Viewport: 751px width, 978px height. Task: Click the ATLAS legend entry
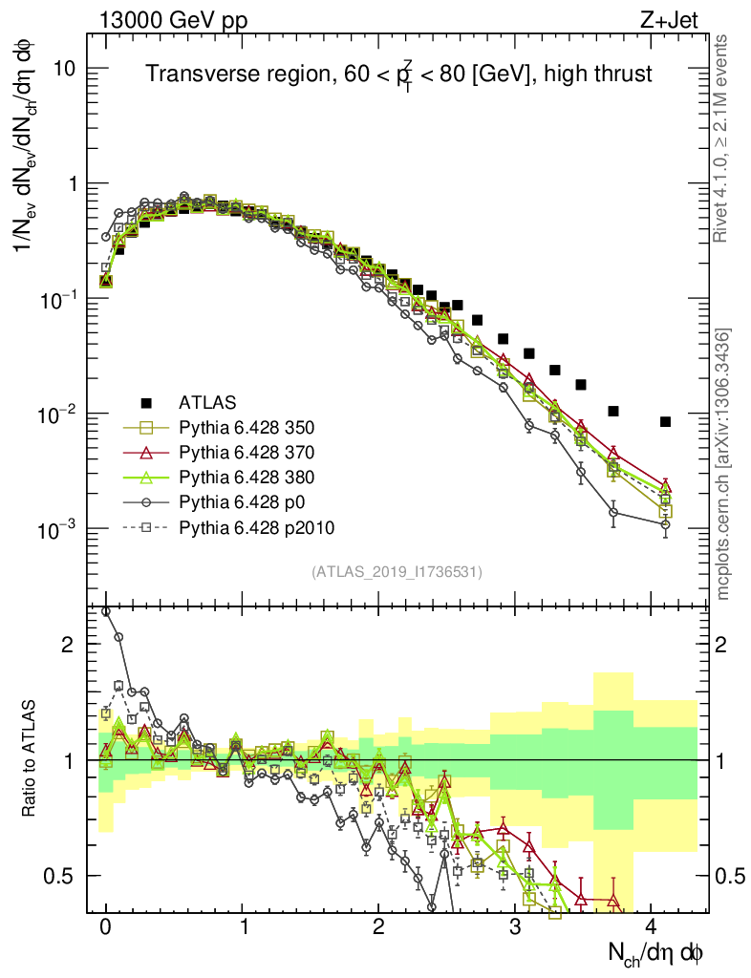click(207, 402)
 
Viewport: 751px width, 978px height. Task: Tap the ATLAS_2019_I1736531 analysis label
click(397, 572)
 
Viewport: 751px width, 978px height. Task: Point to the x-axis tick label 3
click(515, 927)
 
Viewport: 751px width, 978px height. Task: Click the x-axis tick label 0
click(106, 927)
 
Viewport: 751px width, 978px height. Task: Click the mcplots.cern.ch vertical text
click(724, 464)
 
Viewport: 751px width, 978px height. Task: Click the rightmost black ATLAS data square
click(666, 422)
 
